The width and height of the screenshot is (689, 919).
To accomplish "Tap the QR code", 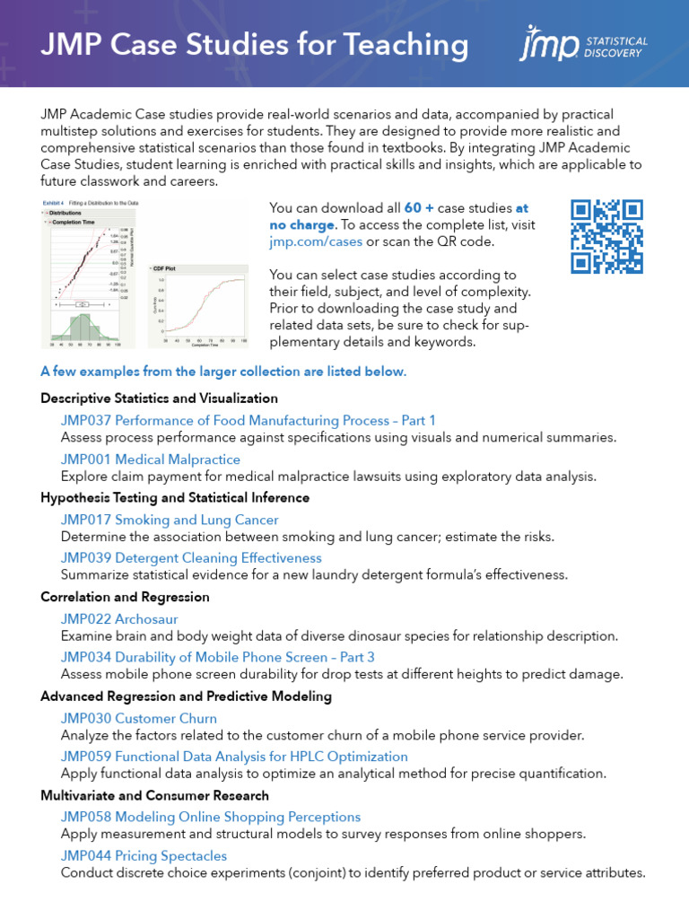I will tap(607, 236).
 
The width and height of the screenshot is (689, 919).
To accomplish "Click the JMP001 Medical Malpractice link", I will tap(150, 459).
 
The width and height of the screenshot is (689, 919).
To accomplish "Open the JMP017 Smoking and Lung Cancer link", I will tap(170, 520).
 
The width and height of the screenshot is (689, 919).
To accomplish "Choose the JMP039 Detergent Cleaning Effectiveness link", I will tap(191, 558).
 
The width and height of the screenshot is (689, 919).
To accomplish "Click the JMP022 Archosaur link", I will tap(119, 619).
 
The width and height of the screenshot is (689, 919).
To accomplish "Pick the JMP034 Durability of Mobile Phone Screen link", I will tap(218, 658).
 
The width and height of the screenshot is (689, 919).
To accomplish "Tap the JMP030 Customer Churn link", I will tap(139, 718).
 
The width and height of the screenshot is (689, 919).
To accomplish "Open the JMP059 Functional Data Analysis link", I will tap(234, 757).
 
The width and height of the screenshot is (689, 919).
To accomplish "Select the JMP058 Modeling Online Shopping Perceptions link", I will tap(211, 817).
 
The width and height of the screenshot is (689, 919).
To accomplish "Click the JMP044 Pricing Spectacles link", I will tap(144, 855).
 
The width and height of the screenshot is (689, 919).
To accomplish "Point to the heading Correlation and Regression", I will tap(125, 597).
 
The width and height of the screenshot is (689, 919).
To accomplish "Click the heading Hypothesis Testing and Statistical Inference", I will tap(175, 497).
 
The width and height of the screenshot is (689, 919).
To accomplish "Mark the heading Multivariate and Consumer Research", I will tap(154, 795).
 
